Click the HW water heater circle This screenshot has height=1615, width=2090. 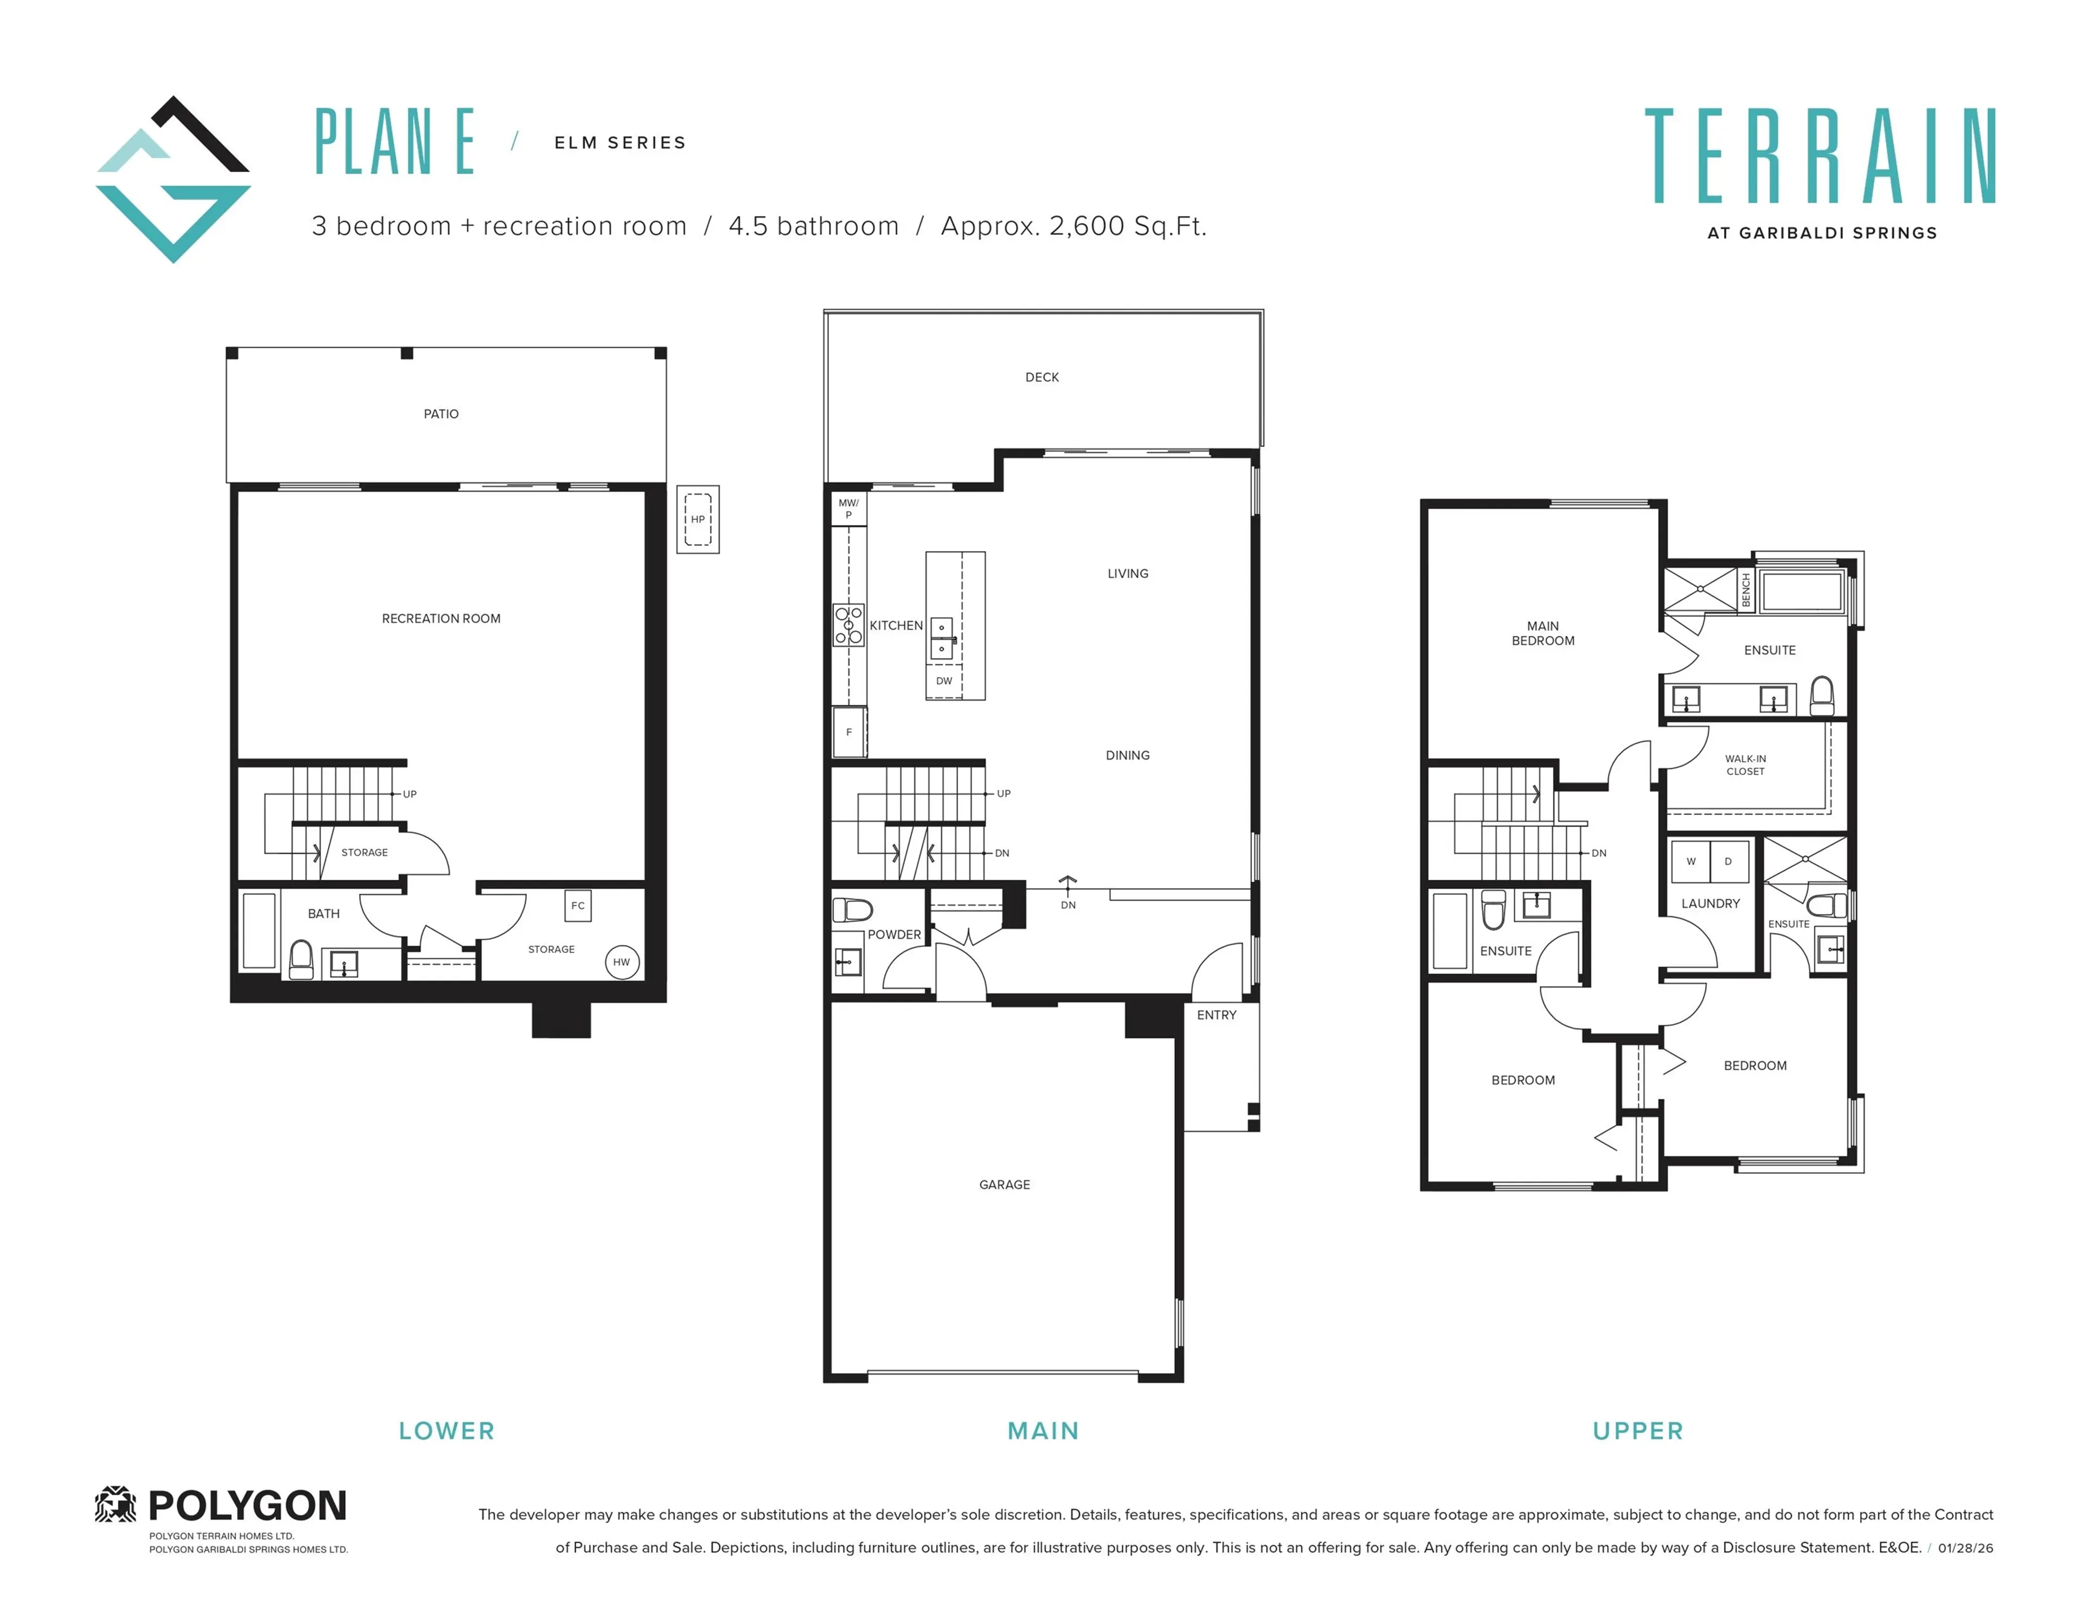point(621,961)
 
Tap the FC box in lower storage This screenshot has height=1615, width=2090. point(577,905)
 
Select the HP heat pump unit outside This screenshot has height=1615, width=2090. point(698,520)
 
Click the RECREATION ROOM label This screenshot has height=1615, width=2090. point(441,618)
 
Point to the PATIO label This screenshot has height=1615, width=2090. point(441,414)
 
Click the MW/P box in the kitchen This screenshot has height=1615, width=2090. point(848,508)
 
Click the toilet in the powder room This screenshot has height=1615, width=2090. point(852,909)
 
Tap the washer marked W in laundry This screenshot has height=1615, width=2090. point(1691,861)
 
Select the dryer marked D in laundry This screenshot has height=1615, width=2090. point(1728,861)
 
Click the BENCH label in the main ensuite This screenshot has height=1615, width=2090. point(1745,589)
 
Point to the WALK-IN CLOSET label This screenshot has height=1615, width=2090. point(1745,765)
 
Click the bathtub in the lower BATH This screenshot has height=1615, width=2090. point(259,930)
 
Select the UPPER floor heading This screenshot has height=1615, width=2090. point(1637,1431)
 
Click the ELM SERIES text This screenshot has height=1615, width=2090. point(620,143)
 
